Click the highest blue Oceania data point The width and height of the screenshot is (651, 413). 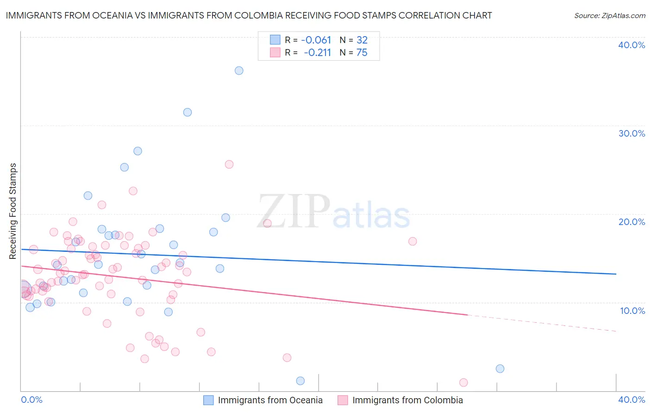(x=239, y=71)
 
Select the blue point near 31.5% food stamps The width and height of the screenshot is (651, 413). (x=188, y=112)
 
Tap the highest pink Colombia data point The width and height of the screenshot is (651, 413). (x=229, y=164)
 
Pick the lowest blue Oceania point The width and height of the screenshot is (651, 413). (x=300, y=381)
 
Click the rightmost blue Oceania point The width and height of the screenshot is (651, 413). (x=500, y=369)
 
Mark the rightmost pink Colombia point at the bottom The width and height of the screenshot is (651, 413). (x=463, y=382)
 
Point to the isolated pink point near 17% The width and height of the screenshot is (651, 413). (x=413, y=241)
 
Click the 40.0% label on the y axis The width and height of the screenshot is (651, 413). (x=632, y=45)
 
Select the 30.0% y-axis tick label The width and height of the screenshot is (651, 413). (x=632, y=133)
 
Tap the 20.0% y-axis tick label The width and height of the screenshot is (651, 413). (x=632, y=222)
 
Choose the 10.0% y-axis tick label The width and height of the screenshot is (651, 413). (x=632, y=311)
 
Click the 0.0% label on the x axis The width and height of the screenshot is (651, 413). (x=31, y=400)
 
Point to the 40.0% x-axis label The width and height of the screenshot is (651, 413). (x=632, y=400)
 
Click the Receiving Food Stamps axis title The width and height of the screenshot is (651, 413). (x=13, y=211)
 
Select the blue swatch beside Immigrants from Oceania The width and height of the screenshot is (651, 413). (x=209, y=400)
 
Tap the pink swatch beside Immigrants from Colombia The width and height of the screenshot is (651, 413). (x=343, y=400)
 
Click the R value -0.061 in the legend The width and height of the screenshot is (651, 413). (x=316, y=40)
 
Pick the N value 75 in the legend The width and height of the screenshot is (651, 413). (x=362, y=53)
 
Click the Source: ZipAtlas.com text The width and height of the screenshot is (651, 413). (x=610, y=16)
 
